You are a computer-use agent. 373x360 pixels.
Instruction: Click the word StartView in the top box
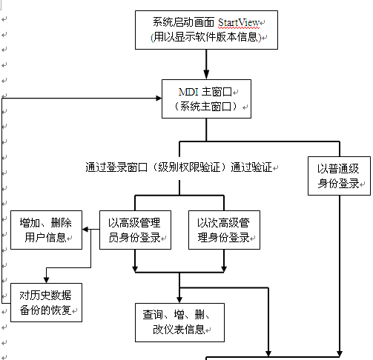(239, 23)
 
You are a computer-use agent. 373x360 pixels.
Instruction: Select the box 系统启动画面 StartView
(206, 30)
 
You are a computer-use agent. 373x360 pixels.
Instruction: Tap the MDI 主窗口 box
(206, 99)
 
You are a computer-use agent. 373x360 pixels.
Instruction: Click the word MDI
(188, 92)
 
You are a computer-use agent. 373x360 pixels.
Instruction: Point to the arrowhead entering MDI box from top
(206, 74)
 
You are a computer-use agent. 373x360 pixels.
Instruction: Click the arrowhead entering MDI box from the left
(159, 99)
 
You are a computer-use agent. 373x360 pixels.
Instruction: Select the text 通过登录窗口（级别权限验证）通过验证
(179, 167)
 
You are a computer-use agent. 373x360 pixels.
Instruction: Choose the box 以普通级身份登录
(339, 176)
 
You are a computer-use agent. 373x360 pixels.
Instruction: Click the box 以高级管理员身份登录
(135, 230)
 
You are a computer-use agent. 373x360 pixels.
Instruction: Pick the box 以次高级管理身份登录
(224, 230)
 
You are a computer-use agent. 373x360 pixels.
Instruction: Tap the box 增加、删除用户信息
(46, 230)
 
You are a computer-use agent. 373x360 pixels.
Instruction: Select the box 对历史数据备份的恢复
(46, 302)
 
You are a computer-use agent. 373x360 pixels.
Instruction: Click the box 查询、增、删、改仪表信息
(179, 322)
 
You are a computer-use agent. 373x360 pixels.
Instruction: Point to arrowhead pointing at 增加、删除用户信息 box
(85, 230)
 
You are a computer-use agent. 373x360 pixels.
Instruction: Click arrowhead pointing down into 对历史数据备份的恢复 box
(46, 280)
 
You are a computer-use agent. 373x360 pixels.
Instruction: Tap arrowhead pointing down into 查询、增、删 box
(179, 300)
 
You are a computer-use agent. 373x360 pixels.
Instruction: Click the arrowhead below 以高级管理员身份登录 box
(135, 269)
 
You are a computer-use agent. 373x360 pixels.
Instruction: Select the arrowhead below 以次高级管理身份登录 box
(224, 269)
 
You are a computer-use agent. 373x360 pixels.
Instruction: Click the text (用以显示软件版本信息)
(206, 37)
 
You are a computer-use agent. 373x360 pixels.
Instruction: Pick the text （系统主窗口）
(206, 107)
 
